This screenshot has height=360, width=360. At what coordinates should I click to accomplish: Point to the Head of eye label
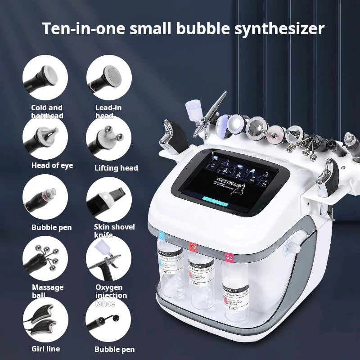52,165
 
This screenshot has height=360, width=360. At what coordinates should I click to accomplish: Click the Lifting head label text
116,168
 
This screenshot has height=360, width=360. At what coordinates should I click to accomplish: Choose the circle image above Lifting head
108,138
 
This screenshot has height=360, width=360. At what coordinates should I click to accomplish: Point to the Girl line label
45,349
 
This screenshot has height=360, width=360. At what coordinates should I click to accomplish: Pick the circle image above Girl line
45,320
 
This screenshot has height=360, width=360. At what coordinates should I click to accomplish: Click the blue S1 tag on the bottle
162,235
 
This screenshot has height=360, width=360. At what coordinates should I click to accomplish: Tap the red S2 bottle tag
193,247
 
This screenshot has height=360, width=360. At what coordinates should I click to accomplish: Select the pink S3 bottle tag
229,258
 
